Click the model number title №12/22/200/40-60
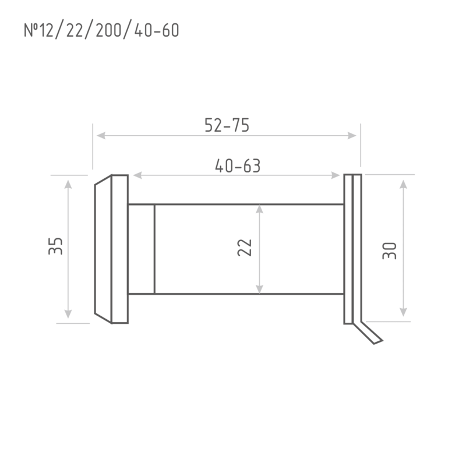click(101, 30)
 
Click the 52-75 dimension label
click(227, 125)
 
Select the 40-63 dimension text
click(238, 166)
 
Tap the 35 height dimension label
click(55, 246)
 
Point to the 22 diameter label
click(245, 248)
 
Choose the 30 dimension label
click(389, 251)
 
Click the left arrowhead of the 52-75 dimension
click(101, 136)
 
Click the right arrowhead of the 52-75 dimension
click(352, 136)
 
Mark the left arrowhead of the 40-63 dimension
click(137, 175)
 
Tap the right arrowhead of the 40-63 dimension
click(336, 175)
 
